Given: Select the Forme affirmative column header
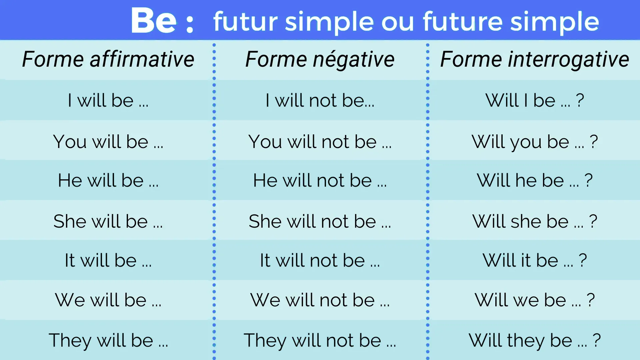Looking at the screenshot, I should point(108,59).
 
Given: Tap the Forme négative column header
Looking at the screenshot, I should point(320,59).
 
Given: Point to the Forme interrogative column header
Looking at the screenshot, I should point(535,59).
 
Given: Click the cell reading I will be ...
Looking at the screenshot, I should point(108,100).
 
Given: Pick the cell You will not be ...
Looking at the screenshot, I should point(320,142).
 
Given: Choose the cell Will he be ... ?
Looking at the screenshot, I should point(535,180).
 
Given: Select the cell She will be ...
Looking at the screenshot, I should point(108,221).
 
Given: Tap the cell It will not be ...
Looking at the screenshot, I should point(320,260).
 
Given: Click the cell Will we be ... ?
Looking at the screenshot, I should point(535,300).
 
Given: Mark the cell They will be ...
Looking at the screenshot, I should point(108,340).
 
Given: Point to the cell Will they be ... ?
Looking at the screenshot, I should point(535,340).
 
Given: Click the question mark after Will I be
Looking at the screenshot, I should point(580,100).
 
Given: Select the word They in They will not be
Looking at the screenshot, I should point(265,340).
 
